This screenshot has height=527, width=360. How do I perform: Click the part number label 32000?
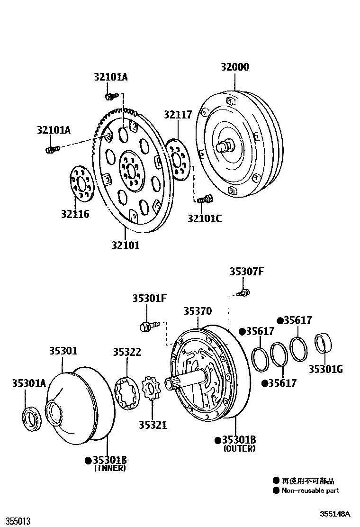click(234, 67)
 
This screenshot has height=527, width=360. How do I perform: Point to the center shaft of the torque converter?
click(224, 145)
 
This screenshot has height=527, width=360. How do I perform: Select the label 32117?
click(178, 115)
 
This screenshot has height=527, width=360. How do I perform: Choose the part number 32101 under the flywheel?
click(126, 245)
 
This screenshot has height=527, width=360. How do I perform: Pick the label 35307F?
click(246, 272)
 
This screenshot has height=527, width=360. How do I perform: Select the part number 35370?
click(198, 311)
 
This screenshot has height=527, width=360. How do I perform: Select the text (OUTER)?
click(239, 448)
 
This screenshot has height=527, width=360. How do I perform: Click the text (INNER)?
click(110, 468)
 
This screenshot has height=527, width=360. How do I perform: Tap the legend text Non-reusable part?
click(310, 491)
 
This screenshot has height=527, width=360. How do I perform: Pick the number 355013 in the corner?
click(16, 521)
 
